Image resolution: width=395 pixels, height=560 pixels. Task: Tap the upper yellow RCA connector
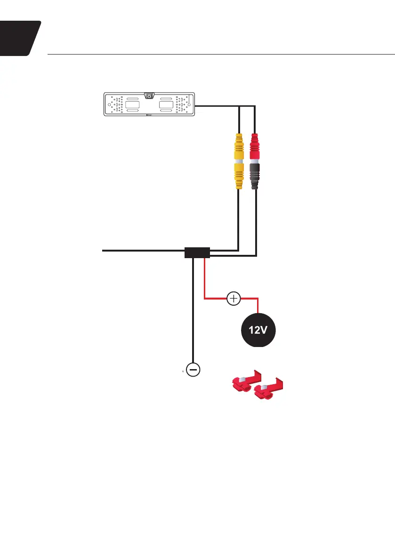pyautogui.click(x=239, y=148)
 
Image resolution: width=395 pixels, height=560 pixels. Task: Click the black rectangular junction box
pyautogui.click(x=197, y=253)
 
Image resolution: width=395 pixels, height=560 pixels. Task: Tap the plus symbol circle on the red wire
pyautogui.click(x=234, y=298)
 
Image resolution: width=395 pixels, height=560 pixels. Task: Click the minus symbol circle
pyautogui.click(x=193, y=370)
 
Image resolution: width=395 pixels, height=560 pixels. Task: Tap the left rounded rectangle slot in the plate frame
pyautogui.click(x=133, y=104)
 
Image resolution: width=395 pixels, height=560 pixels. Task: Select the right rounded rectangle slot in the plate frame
pyautogui.click(x=167, y=104)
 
